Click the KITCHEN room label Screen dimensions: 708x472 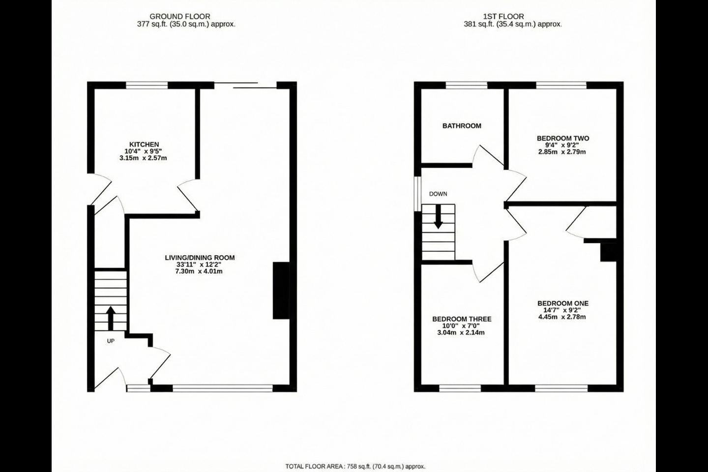(144, 145)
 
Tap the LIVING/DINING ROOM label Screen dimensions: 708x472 (200, 258)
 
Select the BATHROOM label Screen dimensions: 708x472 (462, 126)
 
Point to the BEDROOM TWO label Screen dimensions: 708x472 (563, 138)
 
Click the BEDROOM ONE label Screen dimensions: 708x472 (563, 303)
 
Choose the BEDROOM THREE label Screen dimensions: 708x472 (462, 319)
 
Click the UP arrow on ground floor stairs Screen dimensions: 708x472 (111, 318)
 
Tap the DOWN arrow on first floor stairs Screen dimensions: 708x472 (439, 216)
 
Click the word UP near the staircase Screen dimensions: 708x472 (111, 341)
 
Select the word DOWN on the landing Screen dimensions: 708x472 (438, 194)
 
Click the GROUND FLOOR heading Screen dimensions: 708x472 (180, 16)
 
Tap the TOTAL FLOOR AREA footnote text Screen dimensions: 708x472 (355, 466)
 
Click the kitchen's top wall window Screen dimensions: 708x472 (147, 86)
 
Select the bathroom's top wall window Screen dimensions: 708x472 (467, 86)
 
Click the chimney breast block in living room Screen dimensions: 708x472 (281, 291)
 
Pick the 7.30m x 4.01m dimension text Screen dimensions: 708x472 (199, 271)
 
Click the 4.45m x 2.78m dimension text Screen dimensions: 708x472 (562, 317)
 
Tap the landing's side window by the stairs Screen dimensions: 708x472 (418, 194)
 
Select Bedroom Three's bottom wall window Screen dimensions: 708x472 (460, 388)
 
